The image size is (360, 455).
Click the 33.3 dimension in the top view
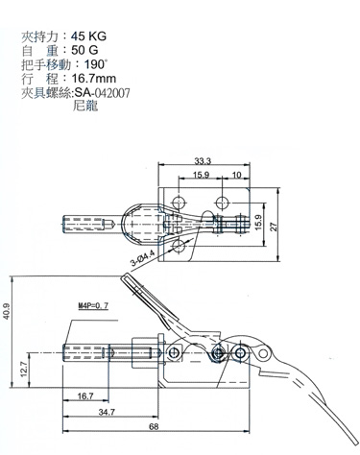[203, 161]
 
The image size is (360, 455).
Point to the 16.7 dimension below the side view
[84, 395]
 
